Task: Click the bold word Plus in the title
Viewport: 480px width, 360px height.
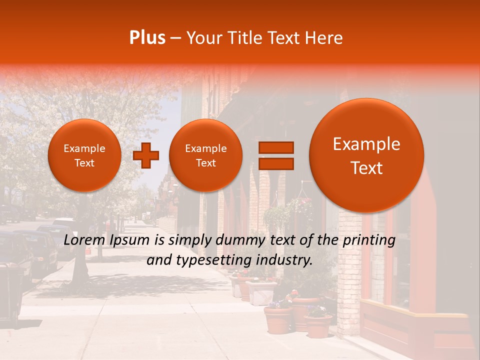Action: (x=147, y=38)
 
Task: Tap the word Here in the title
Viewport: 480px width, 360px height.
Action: (x=324, y=38)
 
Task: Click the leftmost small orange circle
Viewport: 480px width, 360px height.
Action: (x=84, y=155)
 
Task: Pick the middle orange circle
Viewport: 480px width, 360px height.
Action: (x=205, y=155)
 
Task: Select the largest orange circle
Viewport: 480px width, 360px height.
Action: (x=366, y=155)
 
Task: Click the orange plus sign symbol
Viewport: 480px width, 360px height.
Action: (x=146, y=155)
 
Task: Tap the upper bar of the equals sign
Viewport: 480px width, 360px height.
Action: (x=275, y=147)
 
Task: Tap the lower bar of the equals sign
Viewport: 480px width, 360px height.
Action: (x=275, y=163)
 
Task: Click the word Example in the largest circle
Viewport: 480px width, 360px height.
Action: (x=366, y=144)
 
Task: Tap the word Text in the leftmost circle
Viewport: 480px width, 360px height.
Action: (x=84, y=163)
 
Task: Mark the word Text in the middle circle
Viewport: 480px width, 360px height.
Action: (x=205, y=163)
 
